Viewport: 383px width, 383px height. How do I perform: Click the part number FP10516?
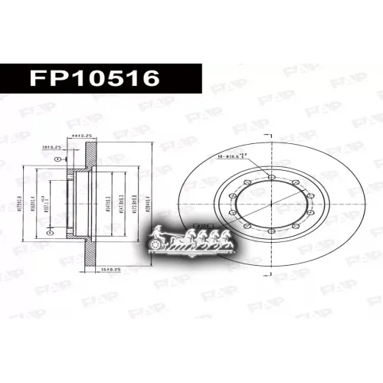pyautogui.click(x=93, y=78)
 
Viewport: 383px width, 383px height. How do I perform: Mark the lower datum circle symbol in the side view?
pyautogui.click(x=51, y=230)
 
